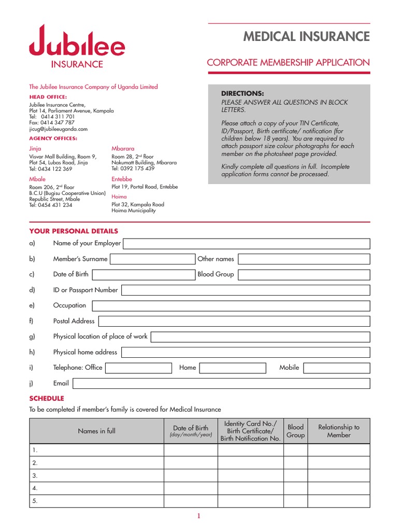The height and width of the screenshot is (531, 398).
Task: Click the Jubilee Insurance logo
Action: (77, 47)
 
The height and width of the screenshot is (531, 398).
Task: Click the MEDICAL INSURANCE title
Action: (306, 37)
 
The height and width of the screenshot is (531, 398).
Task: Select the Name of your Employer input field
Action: (246, 244)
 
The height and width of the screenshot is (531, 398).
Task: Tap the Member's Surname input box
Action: (152, 259)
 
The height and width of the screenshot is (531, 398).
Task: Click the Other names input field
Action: (304, 259)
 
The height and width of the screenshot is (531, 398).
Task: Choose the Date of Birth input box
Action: (144, 275)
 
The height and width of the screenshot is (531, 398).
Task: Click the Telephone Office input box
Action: (138, 368)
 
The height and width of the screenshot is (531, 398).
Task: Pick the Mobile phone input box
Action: (337, 368)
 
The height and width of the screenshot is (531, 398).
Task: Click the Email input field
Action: (221, 384)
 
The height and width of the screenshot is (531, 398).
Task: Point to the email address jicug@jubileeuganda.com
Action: (59, 129)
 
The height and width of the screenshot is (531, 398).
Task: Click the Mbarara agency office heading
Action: (123, 149)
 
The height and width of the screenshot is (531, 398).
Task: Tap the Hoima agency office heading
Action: (119, 197)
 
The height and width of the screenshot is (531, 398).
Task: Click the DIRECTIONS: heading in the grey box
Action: (243, 93)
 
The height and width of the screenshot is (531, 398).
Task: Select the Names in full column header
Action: (97, 431)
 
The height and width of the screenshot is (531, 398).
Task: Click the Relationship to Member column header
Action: (339, 431)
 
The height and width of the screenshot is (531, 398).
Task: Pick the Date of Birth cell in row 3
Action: (191, 476)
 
